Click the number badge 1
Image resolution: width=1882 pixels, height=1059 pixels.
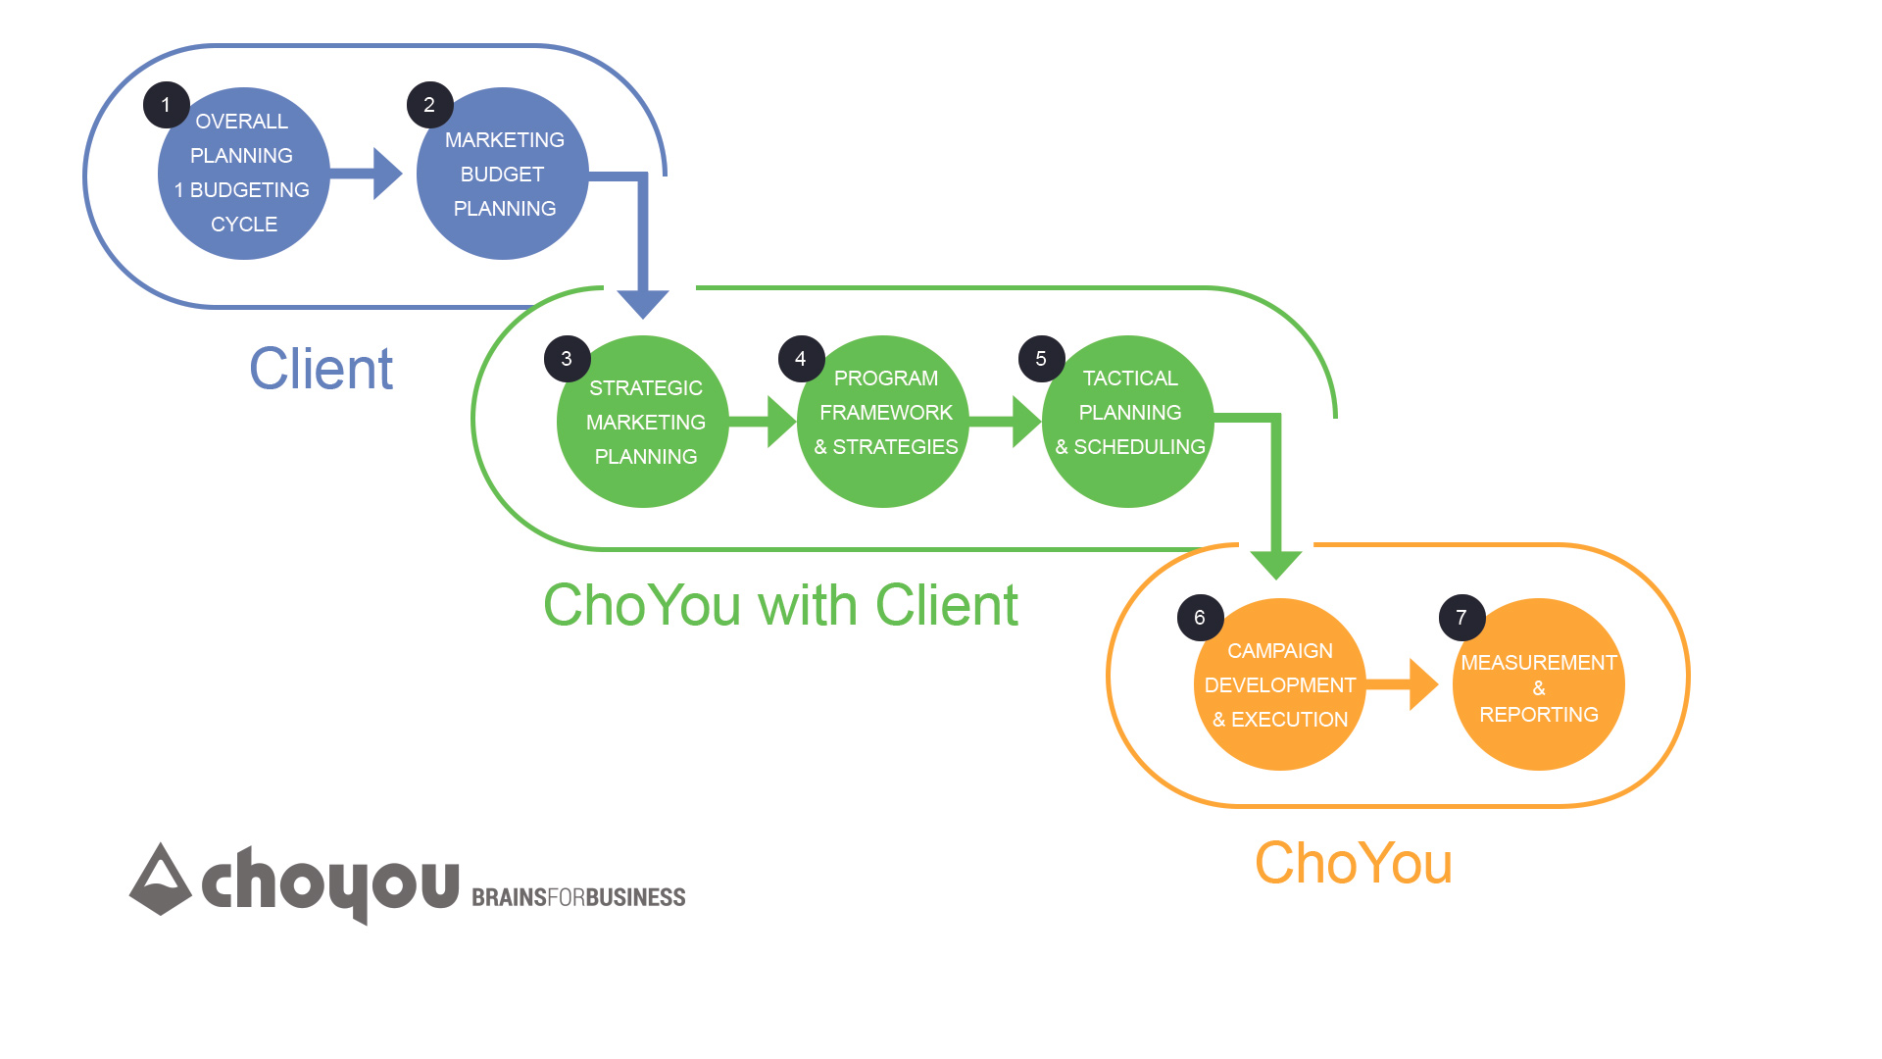166,105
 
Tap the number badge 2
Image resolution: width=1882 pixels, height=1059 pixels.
429,105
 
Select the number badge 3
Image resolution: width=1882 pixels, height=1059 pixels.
567,359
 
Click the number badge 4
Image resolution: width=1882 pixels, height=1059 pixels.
801,359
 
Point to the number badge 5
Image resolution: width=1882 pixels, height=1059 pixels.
1041,359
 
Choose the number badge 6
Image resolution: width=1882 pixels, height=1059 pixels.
1200,618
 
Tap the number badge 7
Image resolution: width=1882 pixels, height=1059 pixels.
1461,618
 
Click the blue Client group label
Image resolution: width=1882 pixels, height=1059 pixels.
321,369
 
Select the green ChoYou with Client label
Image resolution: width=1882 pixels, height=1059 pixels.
780,605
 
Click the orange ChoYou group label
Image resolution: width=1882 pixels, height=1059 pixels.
1353,863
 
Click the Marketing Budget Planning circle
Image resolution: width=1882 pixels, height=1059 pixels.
503,175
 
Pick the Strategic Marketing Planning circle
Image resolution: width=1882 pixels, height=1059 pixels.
643,423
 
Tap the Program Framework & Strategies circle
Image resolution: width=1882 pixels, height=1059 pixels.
884,423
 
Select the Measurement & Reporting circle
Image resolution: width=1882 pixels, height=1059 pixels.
1538,685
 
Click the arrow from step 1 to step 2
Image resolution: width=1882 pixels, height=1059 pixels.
368,174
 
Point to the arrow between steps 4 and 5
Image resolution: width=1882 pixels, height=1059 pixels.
1007,422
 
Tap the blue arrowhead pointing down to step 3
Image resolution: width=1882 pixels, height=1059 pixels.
643,303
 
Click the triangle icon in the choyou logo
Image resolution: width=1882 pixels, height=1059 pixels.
161,880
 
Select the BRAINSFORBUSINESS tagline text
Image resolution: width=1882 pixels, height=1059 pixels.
578,897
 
